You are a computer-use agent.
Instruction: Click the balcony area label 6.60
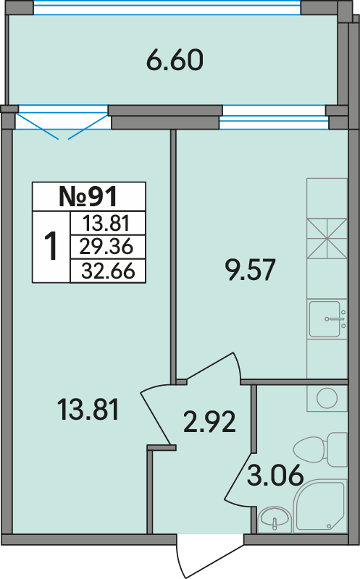click(175, 60)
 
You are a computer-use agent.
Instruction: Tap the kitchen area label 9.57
click(250, 269)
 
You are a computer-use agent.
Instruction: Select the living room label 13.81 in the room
click(88, 409)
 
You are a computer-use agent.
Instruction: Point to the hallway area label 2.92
click(209, 422)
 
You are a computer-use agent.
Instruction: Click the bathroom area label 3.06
click(275, 475)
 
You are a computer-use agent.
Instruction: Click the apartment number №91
click(88, 196)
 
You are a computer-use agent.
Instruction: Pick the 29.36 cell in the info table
click(106, 247)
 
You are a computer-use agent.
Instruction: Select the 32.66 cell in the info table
click(108, 271)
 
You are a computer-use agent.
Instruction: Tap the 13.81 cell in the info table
click(106, 223)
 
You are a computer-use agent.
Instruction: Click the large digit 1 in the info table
click(51, 246)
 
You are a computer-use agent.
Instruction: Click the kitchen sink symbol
click(327, 318)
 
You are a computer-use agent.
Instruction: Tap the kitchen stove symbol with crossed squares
click(327, 239)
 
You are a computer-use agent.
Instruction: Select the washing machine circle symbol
click(327, 398)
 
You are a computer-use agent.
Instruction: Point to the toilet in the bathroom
click(321, 449)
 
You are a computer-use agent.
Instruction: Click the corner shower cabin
click(320, 506)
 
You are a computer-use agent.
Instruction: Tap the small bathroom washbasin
click(275, 519)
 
